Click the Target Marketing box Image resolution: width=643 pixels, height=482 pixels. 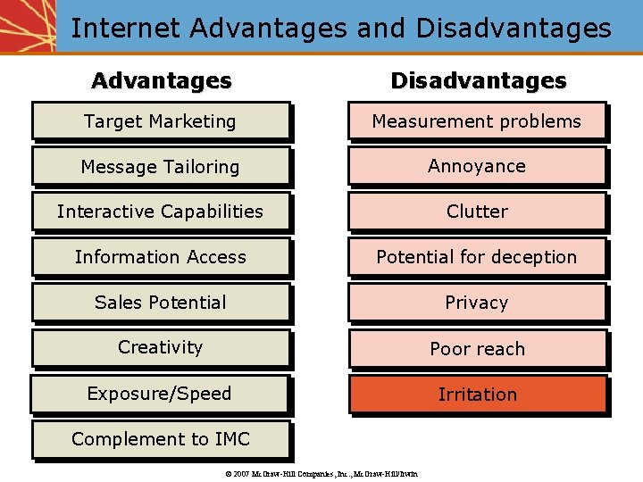click(161, 121)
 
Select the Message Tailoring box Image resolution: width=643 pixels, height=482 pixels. click(161, 167)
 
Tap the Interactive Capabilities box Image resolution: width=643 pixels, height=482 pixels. click(161, 212)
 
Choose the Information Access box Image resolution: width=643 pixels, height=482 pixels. click(161, 257)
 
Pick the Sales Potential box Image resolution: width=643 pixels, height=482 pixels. click(161, 303)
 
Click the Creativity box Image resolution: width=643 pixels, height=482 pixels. click(161, 347)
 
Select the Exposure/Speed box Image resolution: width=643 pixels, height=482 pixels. click(159, 394)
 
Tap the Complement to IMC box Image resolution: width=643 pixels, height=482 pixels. click(161, 439)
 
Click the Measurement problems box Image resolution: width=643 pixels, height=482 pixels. click(477, 121)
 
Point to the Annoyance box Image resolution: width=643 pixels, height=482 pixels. click(477, 166)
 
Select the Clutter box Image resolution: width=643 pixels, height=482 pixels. click(477, 212)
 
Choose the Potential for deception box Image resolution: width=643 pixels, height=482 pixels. click(477, 257)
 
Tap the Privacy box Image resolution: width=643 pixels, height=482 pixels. click(477, 303)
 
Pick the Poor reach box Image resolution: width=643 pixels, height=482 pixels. click(478, 349)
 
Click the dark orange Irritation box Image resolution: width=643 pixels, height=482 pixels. click(478, 395)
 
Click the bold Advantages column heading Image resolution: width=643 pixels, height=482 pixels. click(162, 80)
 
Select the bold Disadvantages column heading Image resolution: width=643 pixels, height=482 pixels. click(479, 80)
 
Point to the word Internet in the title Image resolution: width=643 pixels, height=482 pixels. click(126, 28)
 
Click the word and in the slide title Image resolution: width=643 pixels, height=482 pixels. click(380, 28)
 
